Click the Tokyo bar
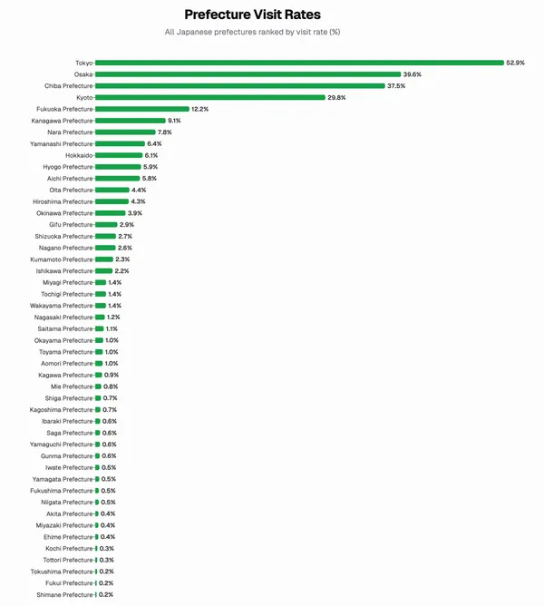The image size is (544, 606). (299, 63)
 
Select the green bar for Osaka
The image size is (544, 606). (248, 74)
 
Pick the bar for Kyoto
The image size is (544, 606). (209, 97)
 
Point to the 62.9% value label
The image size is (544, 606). (516, 63)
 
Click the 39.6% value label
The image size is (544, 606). (413, 74)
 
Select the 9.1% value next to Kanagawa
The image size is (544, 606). (174, 121)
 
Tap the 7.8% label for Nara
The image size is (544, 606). (165, 132)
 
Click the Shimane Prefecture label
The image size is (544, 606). (65, 595)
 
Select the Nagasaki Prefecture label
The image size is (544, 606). (64, 318)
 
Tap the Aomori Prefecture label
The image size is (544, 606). (66, 364)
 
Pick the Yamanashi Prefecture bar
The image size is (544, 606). (120, 143)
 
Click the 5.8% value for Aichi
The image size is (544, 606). (150, 179)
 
